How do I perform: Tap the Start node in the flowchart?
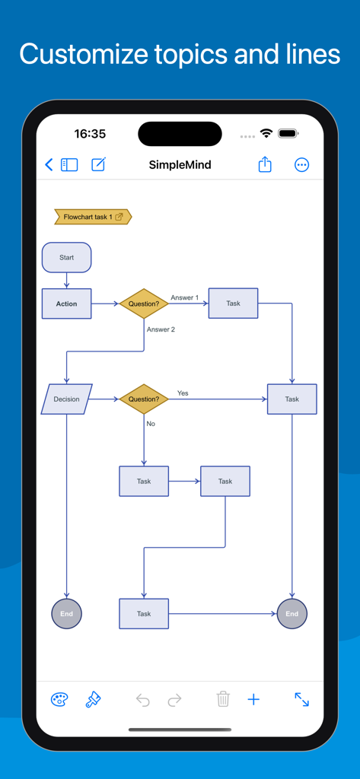coord(66,257)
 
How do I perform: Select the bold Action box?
coord(67,304)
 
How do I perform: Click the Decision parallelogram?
coord(66,399)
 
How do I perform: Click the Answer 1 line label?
coord(184,297)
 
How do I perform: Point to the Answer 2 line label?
coord(161,329)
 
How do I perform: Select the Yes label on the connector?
coord(183,393)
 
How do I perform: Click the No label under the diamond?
coord(150,424)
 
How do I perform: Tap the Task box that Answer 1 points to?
coord(233,303)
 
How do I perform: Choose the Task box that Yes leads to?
coord(292,399)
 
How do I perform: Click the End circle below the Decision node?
coord(66,613)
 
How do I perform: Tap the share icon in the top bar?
coord(265,164)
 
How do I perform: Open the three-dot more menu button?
coord(301,164)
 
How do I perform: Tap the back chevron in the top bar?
coord(49,164)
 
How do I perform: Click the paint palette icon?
coord(59,699)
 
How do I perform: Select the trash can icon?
coord(222,699)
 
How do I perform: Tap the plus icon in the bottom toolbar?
coord(254,699)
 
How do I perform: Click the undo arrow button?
coord(142,699)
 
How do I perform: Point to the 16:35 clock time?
coord(90,134)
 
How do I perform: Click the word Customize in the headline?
coord(84,54)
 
